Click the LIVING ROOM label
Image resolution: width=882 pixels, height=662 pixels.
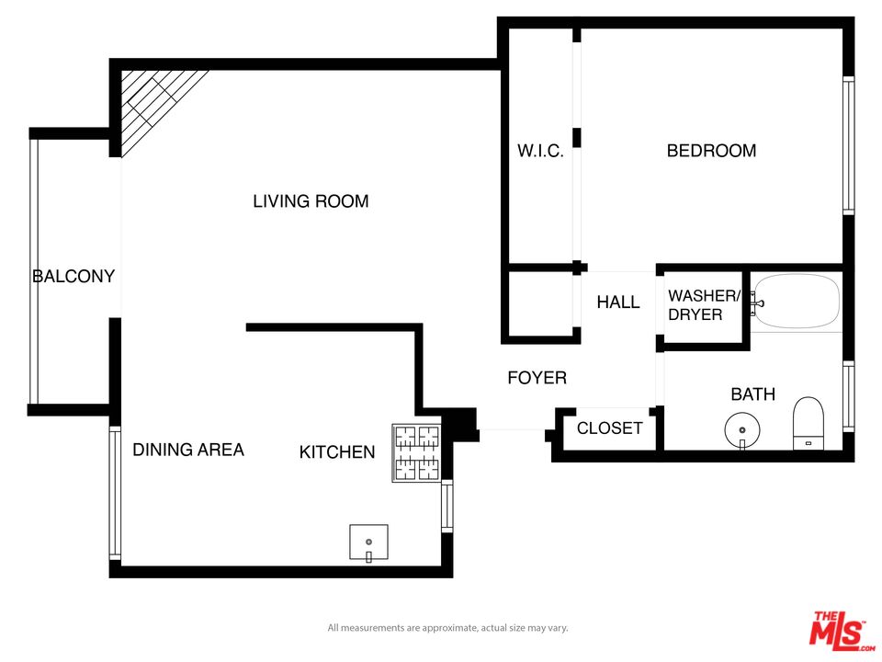point(311,201)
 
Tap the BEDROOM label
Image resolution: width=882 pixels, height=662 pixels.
point(711,151)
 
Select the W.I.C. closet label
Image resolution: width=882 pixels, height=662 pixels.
point(540,151)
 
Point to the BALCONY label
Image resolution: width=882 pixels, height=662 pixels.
point(73,276)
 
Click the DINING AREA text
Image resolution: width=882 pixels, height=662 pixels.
point(188,450)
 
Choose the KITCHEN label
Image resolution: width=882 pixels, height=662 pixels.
point(337,451)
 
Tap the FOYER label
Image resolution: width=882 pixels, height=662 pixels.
point(537,378)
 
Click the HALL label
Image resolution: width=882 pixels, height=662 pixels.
point(618,302)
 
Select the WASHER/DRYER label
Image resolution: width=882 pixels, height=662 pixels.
point(704,305)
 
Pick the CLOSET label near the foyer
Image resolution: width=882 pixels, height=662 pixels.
point(609,428)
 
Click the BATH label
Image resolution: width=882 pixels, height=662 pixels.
point(752,394)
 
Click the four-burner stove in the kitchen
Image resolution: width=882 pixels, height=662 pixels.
point(417,453)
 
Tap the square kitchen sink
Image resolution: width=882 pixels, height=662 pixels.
point(368,542)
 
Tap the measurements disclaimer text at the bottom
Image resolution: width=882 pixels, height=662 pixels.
point(447,628)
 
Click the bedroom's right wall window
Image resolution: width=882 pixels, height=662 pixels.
point(848,147)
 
